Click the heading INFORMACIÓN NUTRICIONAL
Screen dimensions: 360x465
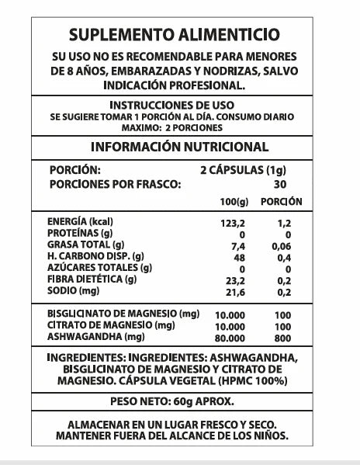click(x=180, y=147)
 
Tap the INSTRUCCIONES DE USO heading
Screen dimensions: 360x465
click(x=178, y=105)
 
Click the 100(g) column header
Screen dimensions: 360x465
click(x=233, y=202)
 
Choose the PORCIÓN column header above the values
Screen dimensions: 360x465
click(x=281, y=202)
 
